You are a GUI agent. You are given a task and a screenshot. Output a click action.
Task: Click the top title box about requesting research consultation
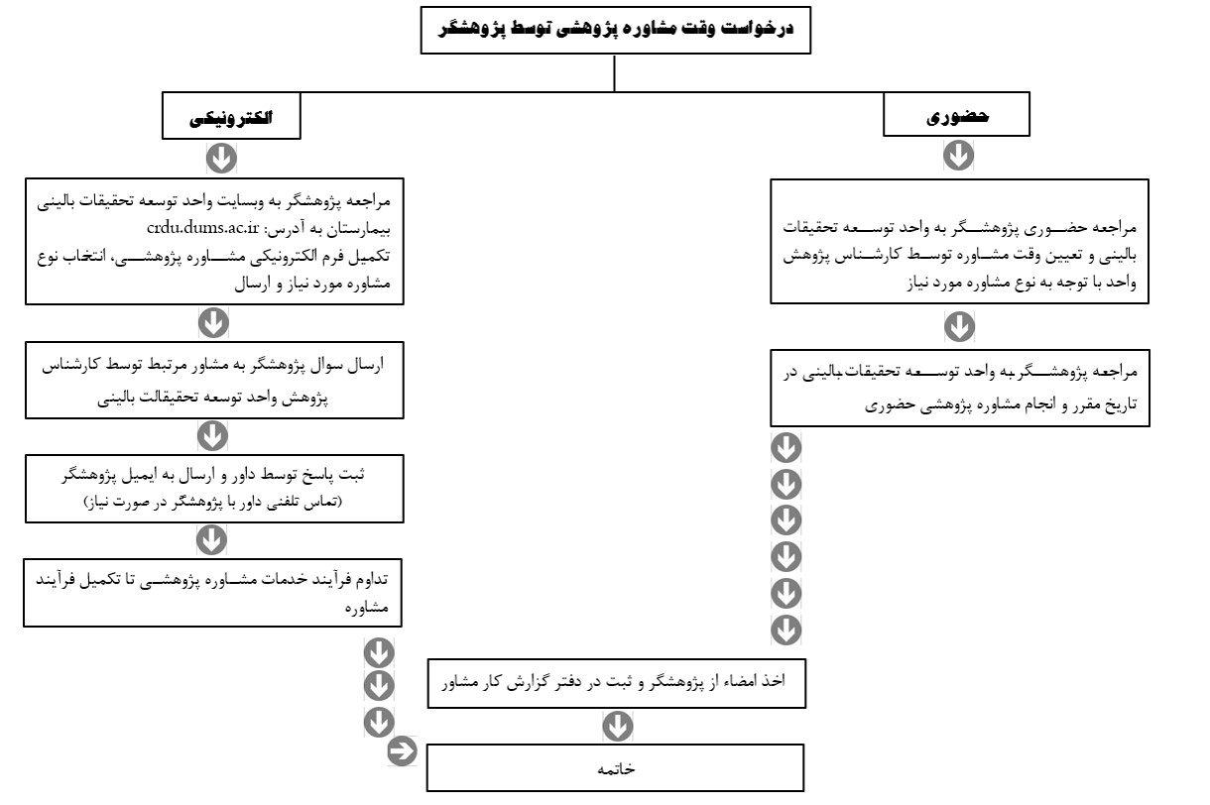[x=615, y=30]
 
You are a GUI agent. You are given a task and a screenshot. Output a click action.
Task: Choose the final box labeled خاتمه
[x=615, y=768]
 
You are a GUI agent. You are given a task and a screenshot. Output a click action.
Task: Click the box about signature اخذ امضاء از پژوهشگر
[x=618, y=682]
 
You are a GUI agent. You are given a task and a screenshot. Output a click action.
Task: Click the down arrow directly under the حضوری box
[x=959, y=155]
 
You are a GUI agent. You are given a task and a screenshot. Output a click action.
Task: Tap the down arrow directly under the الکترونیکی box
[x=221, y=157]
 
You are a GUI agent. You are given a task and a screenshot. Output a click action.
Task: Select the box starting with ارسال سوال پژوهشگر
[x=214, y=382]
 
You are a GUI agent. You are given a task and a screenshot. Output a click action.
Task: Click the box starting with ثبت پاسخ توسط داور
[x=214, y=487]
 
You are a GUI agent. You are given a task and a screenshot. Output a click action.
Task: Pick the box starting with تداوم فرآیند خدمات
[x=214, y=592]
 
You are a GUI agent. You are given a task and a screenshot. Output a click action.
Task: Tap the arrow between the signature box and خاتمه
[x=617, y=727]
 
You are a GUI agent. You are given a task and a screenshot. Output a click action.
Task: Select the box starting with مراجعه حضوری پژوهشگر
[x=959, y=240]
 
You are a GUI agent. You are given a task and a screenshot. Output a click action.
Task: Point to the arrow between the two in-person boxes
[x=959, y=325]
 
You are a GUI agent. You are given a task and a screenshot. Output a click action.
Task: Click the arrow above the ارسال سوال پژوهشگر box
[x=214, y=322]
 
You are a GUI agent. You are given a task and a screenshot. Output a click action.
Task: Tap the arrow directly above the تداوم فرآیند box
[x=211, y=539]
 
